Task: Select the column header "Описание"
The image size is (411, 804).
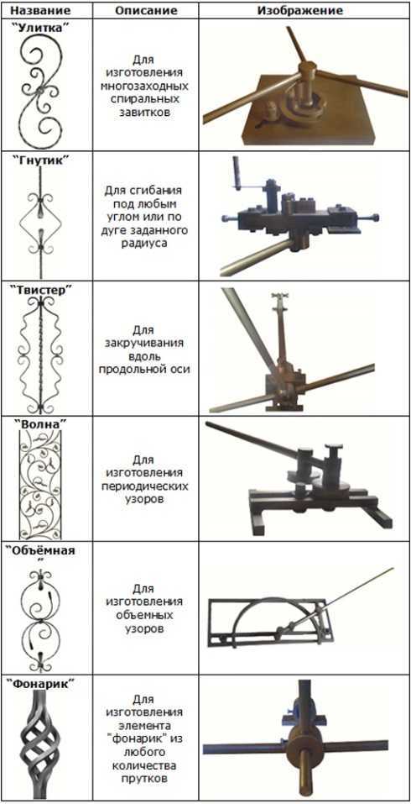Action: click(x=146, y=10)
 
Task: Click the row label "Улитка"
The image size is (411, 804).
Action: click(x=46, y=27)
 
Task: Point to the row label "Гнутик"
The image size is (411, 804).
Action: click(x=46, y=160)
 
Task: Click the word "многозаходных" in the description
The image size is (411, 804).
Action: click(x=145, y=85)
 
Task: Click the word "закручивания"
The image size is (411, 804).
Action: click(x=146, y=343)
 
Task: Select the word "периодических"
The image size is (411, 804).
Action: click(x=145, y=485)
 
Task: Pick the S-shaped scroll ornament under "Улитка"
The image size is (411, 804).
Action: click(x=44, y=89)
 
